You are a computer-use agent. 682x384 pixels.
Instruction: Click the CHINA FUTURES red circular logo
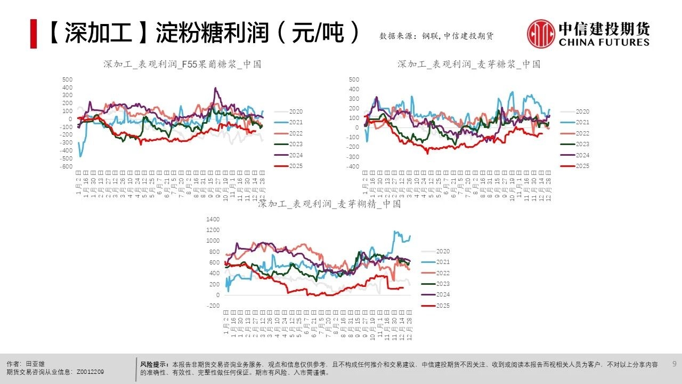pos(541,34)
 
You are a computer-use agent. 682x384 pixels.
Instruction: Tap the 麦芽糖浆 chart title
pos(468,64)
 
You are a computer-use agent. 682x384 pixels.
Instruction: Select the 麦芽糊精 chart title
pos(329,204)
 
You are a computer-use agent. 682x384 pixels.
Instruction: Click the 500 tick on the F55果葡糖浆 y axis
pos(68,79)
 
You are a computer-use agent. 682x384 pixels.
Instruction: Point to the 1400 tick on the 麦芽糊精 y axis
pos(213,219)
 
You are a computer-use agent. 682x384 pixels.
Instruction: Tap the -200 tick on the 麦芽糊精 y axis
pos(213,306)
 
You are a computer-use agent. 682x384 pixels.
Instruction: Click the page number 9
pos(674,364)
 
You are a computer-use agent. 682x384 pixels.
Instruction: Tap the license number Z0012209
pos(90,372)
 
